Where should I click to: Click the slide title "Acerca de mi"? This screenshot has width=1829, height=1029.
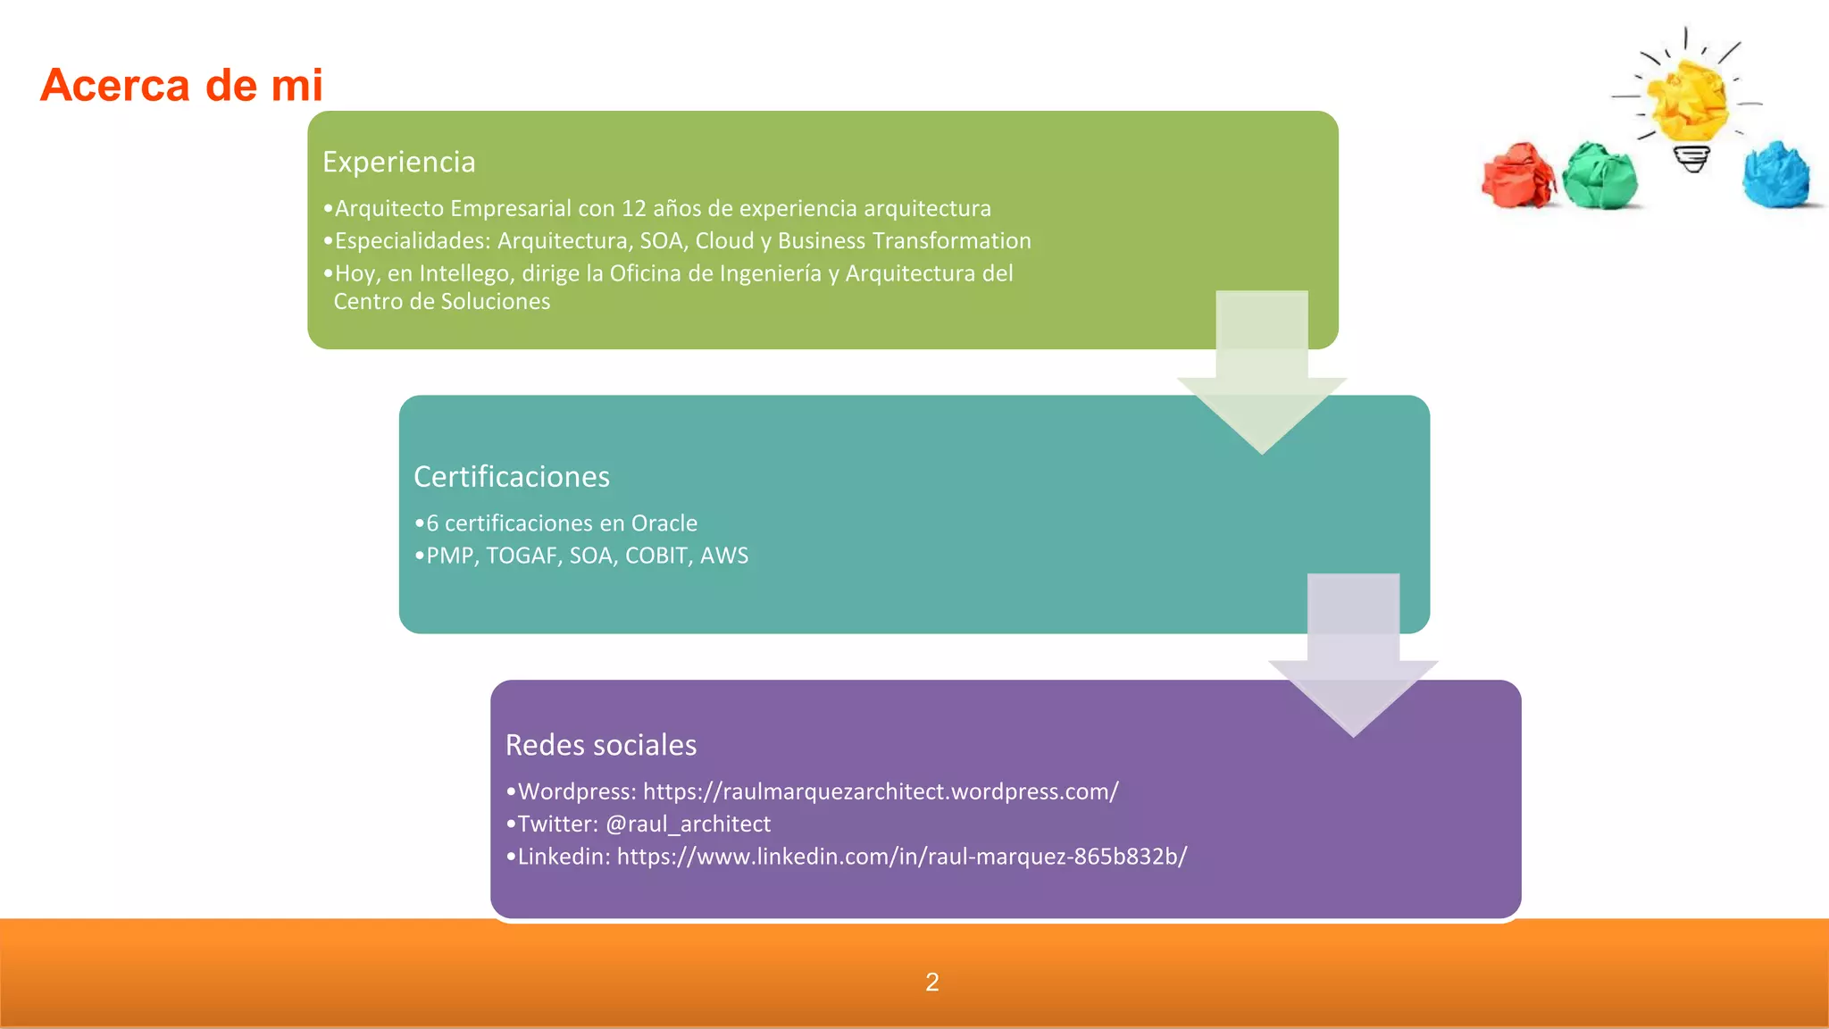181,86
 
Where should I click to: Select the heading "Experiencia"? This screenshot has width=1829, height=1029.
398,162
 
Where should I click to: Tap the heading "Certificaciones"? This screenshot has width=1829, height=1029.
511,476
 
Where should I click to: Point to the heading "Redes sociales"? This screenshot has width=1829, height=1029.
600,745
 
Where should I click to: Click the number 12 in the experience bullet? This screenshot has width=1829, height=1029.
633,208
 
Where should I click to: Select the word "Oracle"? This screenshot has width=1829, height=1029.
664,523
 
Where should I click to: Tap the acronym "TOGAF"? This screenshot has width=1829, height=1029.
522,556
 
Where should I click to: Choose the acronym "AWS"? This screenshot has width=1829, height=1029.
724,556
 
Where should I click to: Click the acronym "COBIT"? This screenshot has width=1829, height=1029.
656,556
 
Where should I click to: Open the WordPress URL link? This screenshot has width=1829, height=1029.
880,791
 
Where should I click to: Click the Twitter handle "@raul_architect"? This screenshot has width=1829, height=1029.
688,824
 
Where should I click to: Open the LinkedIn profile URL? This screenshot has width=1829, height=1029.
901,857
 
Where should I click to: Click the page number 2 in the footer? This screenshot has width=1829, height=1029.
931,983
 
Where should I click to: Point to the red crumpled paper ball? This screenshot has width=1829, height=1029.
1517,176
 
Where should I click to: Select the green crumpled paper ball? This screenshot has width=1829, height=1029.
1601,177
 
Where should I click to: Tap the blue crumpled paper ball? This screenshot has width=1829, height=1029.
1775,174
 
